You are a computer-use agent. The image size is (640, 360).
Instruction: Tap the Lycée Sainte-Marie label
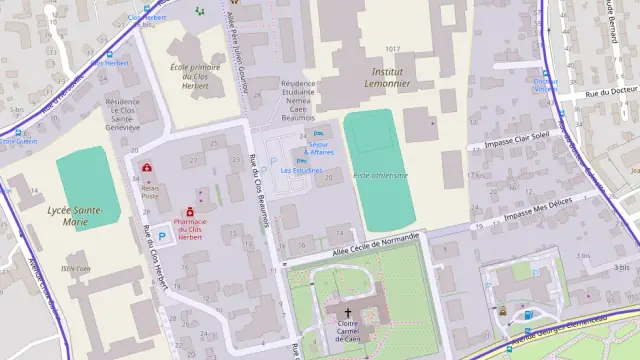(x=74, y=216)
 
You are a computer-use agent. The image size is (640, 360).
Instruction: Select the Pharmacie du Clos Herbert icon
(x=189, y=211)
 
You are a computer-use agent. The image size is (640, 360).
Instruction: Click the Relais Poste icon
(x=147, y=168)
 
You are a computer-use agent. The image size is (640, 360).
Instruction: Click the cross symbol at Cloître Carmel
(x=348, y=313)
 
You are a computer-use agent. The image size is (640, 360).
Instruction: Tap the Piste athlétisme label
(x=380, y=175)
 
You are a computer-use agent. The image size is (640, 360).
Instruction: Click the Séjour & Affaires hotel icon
(x=319, y=134)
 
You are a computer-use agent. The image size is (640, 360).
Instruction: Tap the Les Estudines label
(x=301, y=170)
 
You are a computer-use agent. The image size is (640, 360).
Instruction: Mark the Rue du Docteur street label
(x=611, y=91)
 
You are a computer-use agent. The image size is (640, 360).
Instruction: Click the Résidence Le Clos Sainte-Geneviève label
(x=123, y=114)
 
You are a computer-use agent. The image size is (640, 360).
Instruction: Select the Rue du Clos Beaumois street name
(x=259, y=190)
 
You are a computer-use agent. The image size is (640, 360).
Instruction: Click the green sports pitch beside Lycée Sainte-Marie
(x=88, y=185)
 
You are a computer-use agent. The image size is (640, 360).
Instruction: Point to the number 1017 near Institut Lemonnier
(x=392, y=49)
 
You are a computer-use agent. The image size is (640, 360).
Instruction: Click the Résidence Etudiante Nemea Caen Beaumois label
(x=305, y=101)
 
